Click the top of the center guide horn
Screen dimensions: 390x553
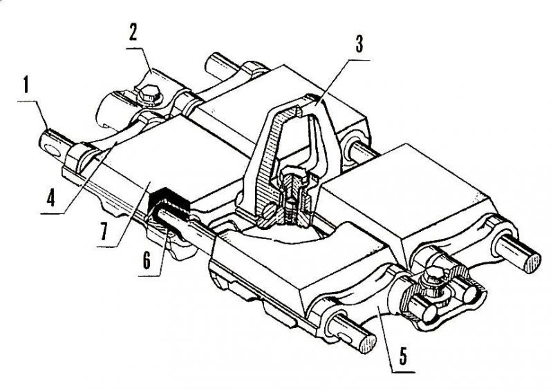[x=297, y=101]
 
